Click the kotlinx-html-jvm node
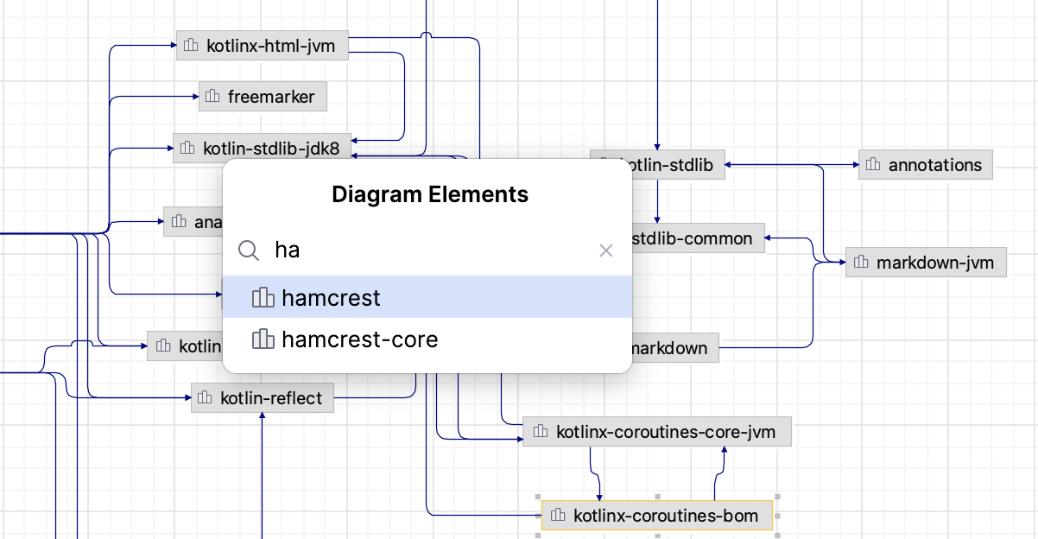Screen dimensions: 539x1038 pyautogui.click(x=262, y=46)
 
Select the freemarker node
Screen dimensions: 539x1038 pyautogui.click(x=263, y=97)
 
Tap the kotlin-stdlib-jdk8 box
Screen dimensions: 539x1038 pyautogui.click(x=263, y=149)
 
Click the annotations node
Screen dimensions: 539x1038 pyautogui.click(x=926, y=165)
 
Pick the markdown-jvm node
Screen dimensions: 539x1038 pyautogui.click(x=926, y=262)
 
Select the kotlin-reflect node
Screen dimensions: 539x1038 pyautogui.click(x=263, y=398)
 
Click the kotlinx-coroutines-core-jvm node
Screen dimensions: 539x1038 pyautogui.click(x=657, y=431)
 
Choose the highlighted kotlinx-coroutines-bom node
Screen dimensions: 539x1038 pyautogui.click(x=657, y=517)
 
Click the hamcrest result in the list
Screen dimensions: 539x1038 pyautogui.click(x=331, y=298)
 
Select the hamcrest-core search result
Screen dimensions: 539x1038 pyautogui.click(x=359, y=339)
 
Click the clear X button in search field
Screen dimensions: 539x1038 pyautogui.click(x=606, y=250)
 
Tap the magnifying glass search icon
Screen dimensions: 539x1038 pyautogui.click(x=249, y=250)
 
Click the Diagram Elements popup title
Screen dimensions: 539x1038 pyautogui.click(x=430, y=194)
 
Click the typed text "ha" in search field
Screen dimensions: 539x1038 pyautogui.click(x=288, y=250)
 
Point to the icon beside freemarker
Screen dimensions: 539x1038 pyautogui.click(x=213, y=97)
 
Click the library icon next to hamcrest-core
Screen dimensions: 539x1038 pyautogui.click(x=263, y=339)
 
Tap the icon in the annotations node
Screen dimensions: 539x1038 pyautogui.click(x=874, y=165)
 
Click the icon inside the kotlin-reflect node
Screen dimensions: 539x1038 pyautogui.click(x=206, y=398)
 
